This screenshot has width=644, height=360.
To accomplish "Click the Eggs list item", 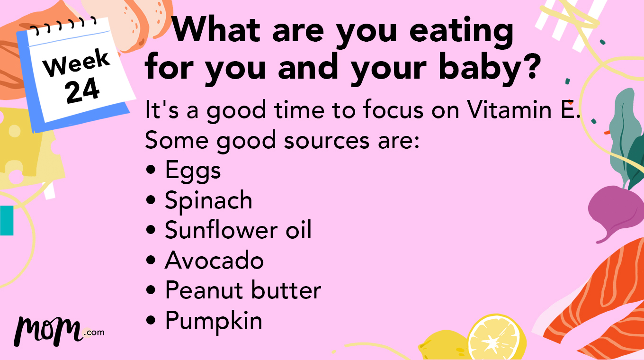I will click(193, 171).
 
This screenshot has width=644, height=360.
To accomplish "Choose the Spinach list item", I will click(208, 200).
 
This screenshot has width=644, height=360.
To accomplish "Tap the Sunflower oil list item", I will click(238, 230).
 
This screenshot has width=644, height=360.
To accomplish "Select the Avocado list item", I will click(214, 260).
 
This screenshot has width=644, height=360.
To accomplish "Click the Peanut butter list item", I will click(243, 290).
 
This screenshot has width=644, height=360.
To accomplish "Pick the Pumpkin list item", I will click(214, 320).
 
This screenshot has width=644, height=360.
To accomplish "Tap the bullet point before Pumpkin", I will click(151, 321).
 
